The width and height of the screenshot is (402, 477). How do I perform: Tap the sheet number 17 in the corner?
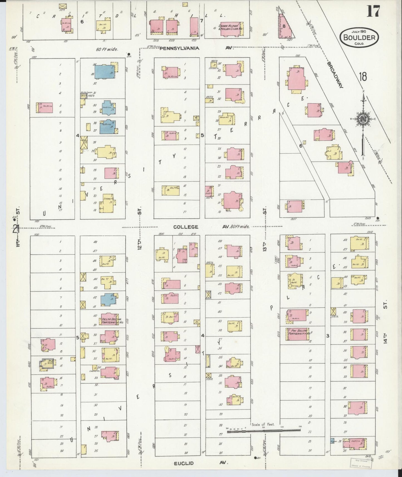point(373,12)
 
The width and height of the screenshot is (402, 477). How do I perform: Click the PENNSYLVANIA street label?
point(180,48)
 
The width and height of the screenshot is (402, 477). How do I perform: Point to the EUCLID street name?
point(184,463)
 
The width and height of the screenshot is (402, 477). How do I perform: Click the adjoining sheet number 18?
point(363,77)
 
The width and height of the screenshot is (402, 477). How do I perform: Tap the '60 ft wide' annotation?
point(107,49)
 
